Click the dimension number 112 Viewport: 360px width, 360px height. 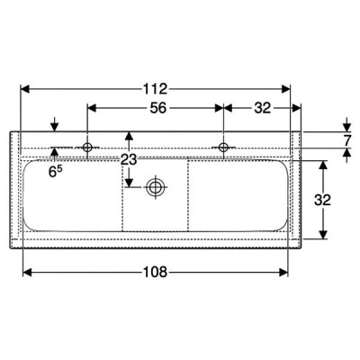[155, 89]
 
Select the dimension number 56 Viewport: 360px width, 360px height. [158, 108]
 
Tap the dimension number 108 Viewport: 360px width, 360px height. [155, 272]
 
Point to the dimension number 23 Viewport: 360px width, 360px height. [129, 159]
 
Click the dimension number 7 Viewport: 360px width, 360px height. [347, 140]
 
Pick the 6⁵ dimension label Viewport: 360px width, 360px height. [55, 171]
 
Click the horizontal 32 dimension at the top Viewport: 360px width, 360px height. [263, 108]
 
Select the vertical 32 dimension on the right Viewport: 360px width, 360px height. [322, 200]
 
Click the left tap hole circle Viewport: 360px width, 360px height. [87, 147]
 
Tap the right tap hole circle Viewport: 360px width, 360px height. [223, 147]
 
